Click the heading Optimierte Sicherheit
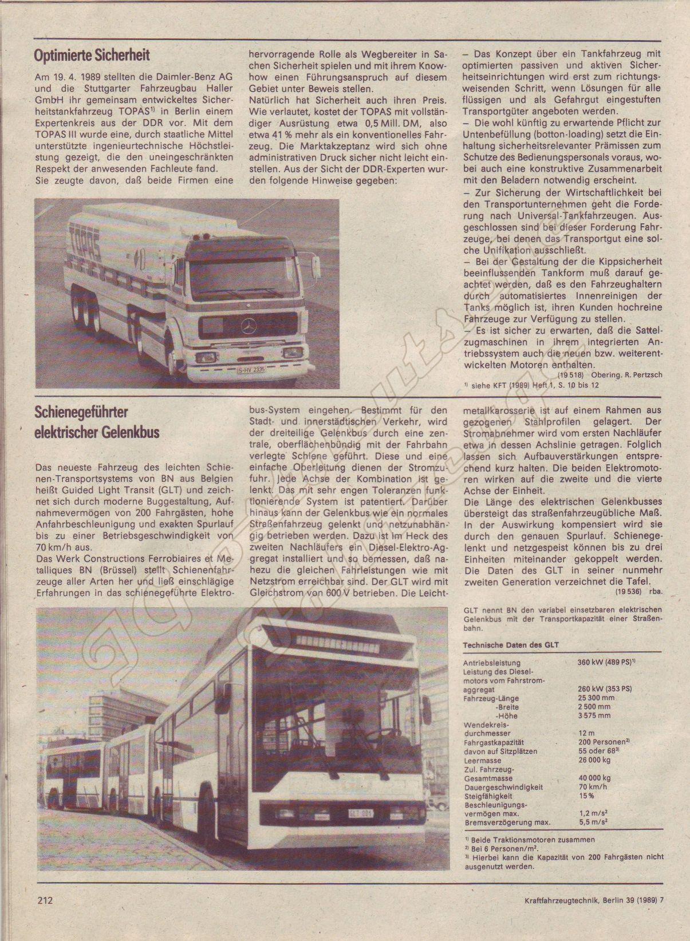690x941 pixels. tap(92, 56)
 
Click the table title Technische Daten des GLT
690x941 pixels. tap(510, 645)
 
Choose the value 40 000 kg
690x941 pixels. tap(594, 778)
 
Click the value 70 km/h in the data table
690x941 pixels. tap(593, 787)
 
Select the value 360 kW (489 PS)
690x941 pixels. tap(606, 662)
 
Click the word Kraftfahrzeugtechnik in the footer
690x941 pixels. tap(562, 916)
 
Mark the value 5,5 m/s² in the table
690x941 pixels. tap(593, 823)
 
